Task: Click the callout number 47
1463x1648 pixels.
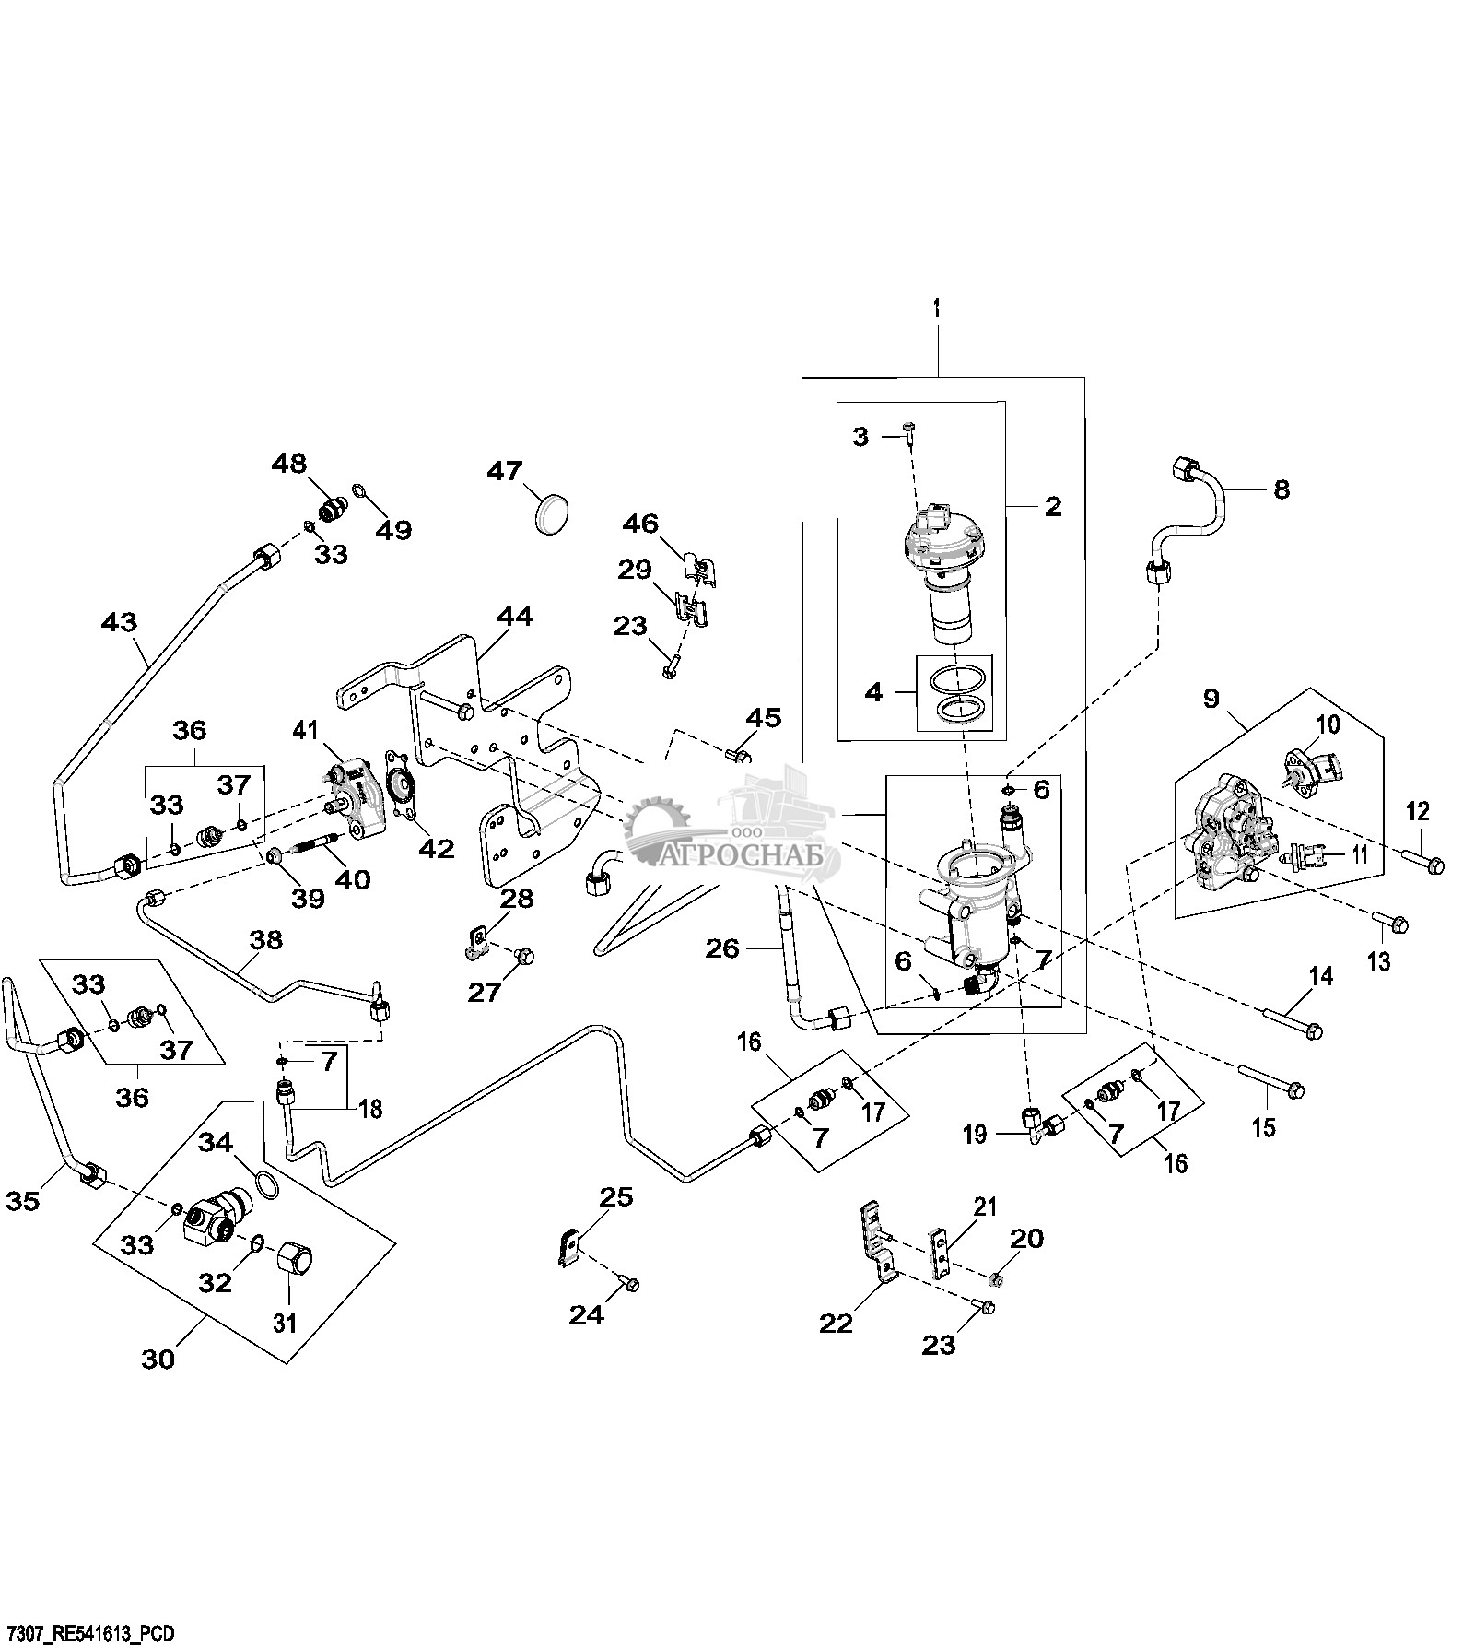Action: click(504, 472)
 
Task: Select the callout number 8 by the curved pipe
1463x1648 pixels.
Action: click(1282, 489)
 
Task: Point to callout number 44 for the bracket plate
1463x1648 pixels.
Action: click(514, 617)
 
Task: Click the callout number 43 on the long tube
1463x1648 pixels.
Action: click(119, 622)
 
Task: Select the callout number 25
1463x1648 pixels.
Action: click(616, 1197)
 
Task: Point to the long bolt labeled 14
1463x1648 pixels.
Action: click(1292, 1021)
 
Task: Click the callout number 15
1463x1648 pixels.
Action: click(1265, 1126)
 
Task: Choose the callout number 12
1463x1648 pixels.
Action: click(1417, 812)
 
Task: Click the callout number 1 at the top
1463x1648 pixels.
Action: click(938, 311)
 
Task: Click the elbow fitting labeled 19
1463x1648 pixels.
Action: click(1036, 1125)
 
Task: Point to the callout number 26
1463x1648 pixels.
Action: click(723, 948)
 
